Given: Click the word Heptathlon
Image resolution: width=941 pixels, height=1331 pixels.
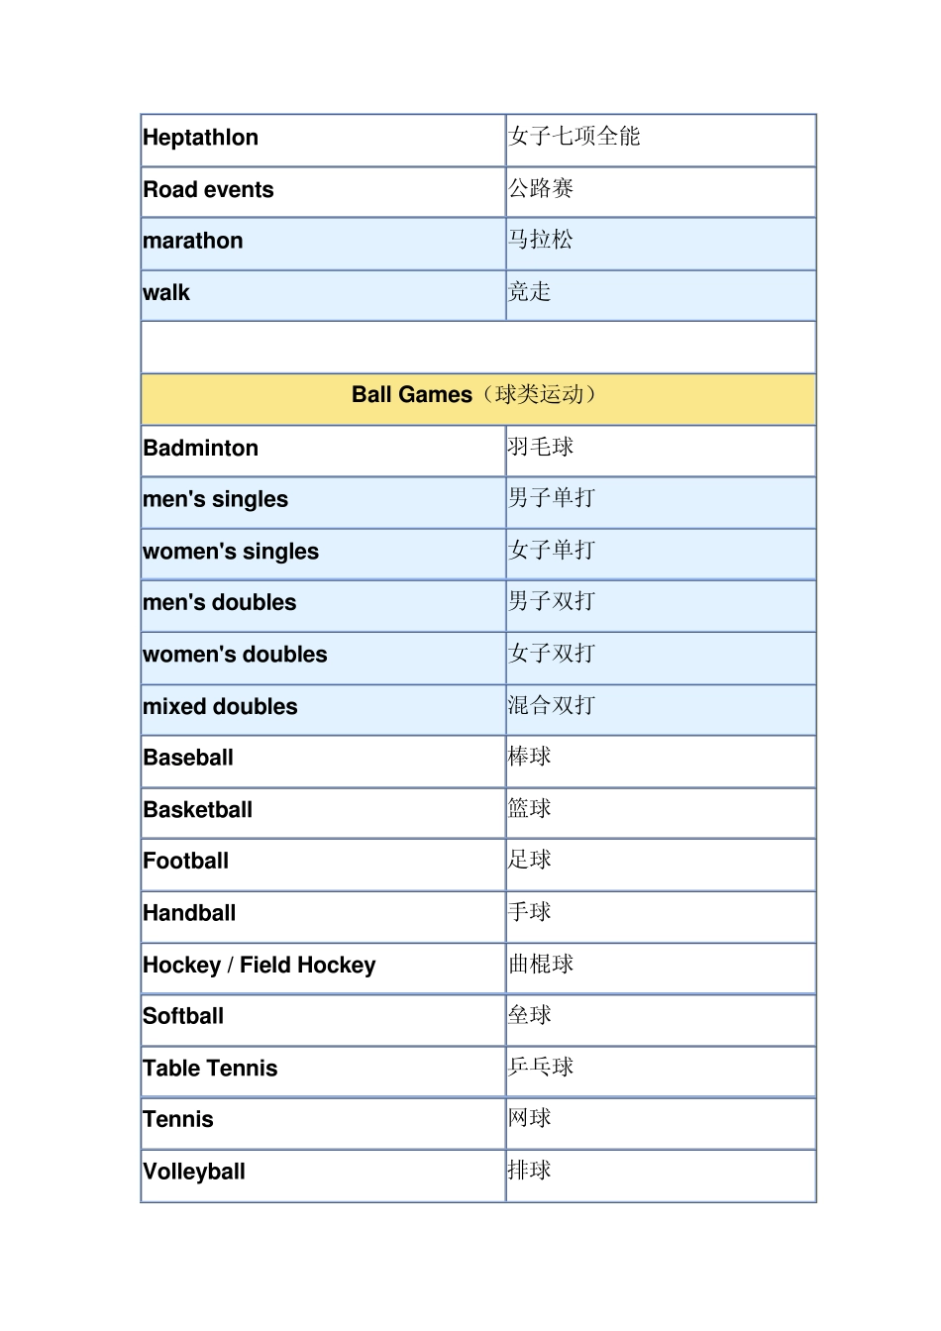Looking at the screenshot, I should click(200, 138).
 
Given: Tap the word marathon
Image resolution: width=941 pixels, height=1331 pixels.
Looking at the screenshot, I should click(192, 241).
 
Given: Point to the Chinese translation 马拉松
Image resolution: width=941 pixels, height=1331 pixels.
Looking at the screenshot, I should click(540, 240).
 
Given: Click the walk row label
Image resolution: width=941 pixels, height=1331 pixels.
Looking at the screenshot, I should click(166, 293).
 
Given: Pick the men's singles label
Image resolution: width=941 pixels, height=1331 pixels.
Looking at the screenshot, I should click(215, 499).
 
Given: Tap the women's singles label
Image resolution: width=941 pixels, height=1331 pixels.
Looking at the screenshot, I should click(231, 552).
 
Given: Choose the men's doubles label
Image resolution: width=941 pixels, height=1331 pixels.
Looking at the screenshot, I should click(219, 602).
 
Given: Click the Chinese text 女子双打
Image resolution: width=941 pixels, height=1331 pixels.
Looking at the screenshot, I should click(551, 654).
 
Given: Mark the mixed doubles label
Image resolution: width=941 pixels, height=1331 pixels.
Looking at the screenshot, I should click(220, 706).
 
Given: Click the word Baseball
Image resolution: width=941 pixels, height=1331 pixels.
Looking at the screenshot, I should click(188, 758).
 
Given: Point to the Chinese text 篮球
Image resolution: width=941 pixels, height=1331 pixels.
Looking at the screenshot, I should click(529, 809).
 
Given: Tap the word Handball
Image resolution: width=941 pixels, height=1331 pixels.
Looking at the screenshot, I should click(189, 913).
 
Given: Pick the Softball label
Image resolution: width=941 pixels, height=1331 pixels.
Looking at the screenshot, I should click(183, 1016).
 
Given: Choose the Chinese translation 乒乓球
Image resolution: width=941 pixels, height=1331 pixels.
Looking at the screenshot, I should click(540, 1067).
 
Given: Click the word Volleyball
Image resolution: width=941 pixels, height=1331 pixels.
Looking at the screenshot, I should click(194, 1172).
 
